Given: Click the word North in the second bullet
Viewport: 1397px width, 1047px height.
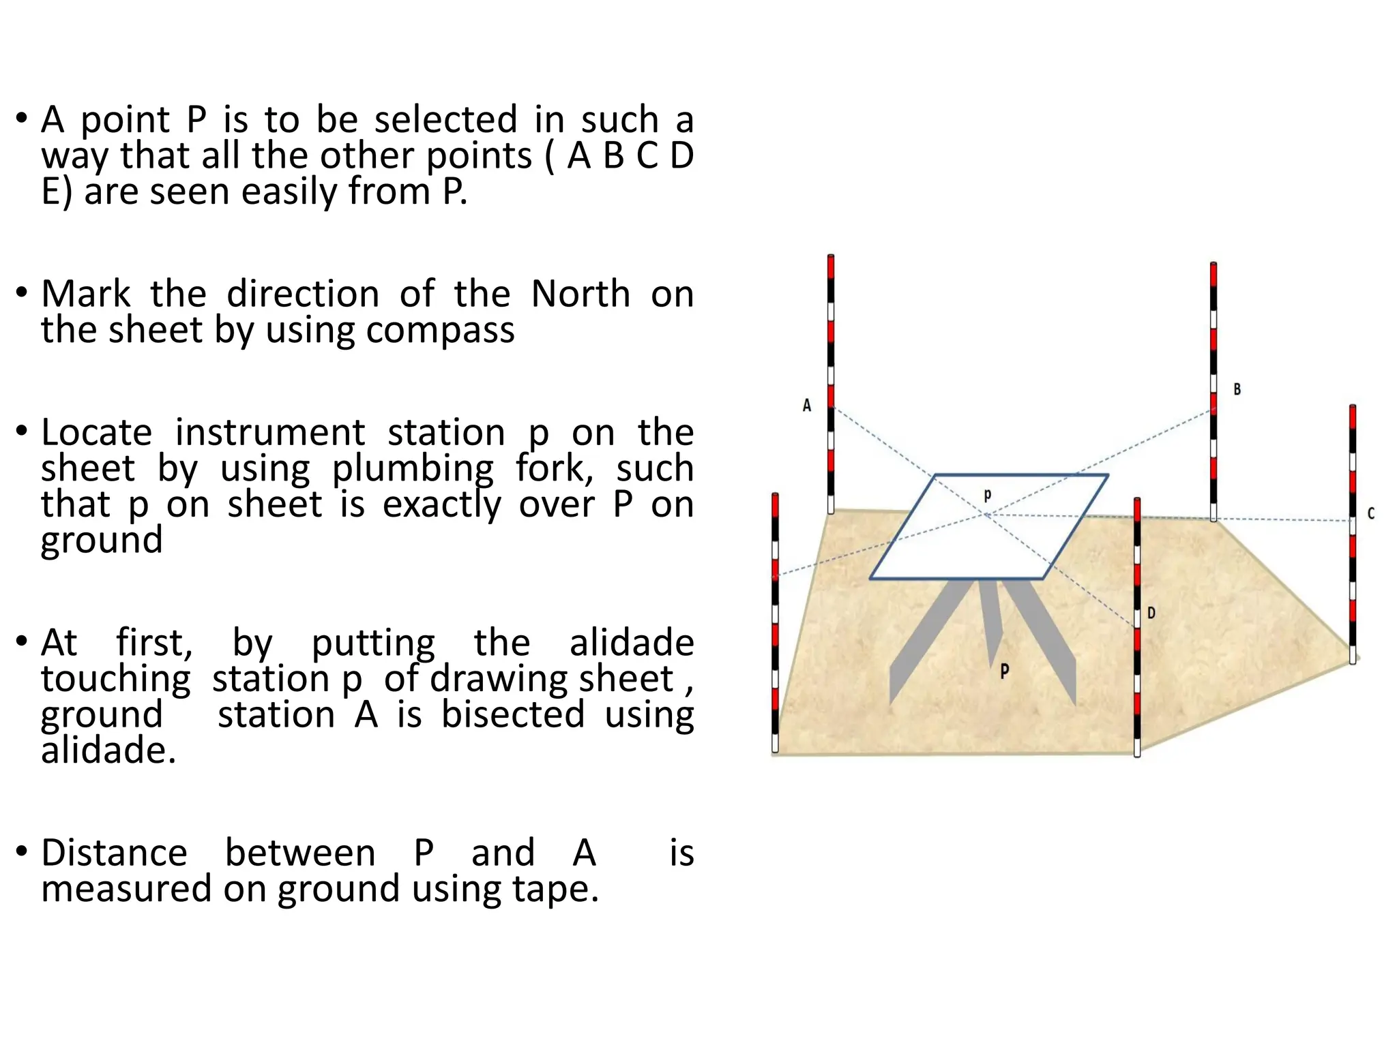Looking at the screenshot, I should (x=580, y=294).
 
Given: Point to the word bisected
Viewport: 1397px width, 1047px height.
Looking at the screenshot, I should (x=513, y=715).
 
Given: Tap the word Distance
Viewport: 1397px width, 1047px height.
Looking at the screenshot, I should (x=114, y=853).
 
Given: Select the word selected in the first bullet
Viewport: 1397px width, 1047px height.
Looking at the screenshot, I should (x=445, y=120).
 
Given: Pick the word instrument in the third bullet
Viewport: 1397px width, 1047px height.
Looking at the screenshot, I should (x=270, y=433).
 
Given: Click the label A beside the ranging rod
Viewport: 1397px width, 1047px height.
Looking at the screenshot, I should (x=807, y=406).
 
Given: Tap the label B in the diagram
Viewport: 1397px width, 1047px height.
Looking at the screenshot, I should (x=1237, y=390).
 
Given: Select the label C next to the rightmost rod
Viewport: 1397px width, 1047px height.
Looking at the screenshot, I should (x=1371, y=514).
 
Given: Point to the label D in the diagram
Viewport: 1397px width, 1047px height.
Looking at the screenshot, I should (x=1151, y=613).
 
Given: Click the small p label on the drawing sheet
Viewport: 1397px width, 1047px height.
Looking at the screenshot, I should (x=987, y=495).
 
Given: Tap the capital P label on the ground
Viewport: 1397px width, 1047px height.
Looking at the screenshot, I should (x=1004, y=671).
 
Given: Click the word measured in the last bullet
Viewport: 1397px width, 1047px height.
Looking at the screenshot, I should (x=126, y=890).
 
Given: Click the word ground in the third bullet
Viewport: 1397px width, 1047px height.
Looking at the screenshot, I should (x=102, y=541).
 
